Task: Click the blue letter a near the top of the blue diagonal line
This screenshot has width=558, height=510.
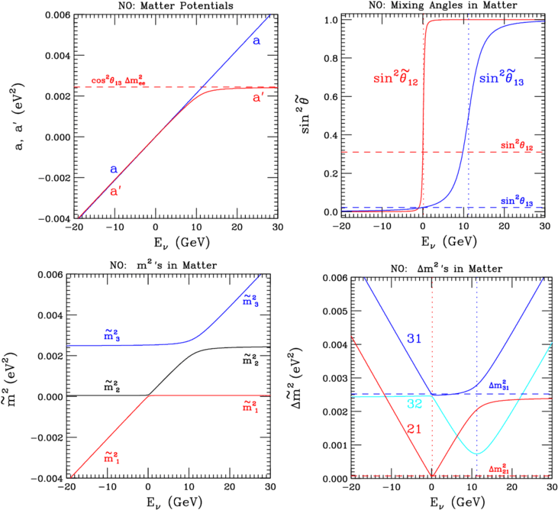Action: pyautogui.click(x=257, y=40)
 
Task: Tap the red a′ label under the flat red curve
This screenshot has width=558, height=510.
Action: pyautogui.click(x=259, y=98)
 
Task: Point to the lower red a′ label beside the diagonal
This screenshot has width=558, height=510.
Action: pyautogui.click(x=115, y=192)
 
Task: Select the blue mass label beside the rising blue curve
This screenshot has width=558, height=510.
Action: pyautogui.click(x=250, y=299)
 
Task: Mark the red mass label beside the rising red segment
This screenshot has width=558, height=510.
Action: pyautogui.click(x=111, y=457)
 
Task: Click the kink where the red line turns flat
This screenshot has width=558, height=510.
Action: pyautogui.click(x=150, y=395)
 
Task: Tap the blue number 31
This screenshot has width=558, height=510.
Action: pyautogui.click(x=414, y=337)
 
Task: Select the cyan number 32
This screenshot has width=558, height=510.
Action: pyautogui.click(x=414, y=403)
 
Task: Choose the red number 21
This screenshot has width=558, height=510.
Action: pyautogui.click(x=414, y=428)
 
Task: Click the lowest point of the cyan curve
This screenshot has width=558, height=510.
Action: pyautogui.click(x=477, y=454)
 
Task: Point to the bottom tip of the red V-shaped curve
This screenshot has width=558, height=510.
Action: pyautogui.click(x=433, y=476)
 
